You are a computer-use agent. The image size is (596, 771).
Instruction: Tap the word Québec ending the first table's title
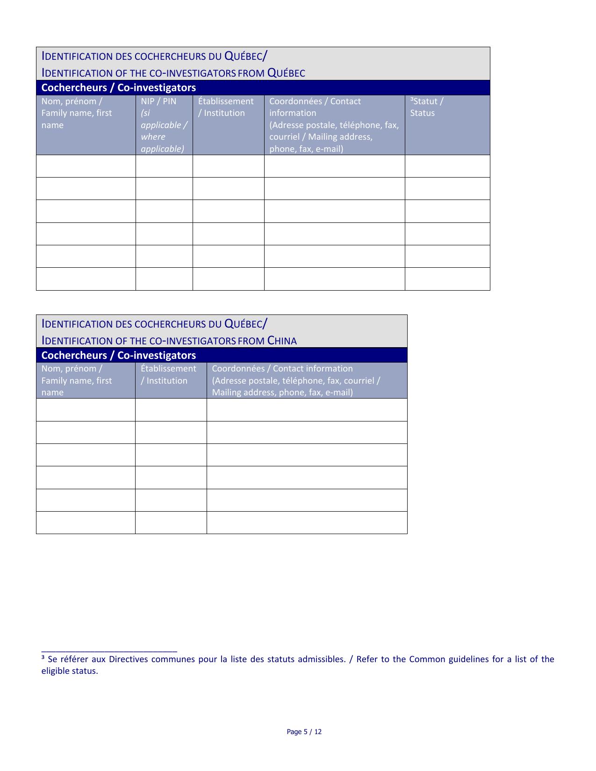click(x=286, y=73)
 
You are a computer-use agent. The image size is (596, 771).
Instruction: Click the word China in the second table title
click(x=282, y=341)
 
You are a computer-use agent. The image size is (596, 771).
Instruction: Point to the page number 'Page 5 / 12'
click(x=304, y=732)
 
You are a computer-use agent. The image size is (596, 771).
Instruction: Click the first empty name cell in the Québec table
click(x=86, y=166)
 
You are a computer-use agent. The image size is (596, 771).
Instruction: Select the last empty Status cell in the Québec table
click(x=447, y=279)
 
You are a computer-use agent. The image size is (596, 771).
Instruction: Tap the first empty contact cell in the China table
click(x=307, y=410)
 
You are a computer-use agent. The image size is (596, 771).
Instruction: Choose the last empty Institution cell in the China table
click(x=171, y=522)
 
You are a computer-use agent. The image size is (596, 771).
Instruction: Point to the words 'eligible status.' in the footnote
click(x=70, y=671)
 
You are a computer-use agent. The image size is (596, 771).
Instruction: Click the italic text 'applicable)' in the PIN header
click(x=162, y=149)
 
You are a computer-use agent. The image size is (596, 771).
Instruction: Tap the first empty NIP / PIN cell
click(x=164, y=166)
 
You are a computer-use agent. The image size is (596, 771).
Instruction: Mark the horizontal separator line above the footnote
click(x=109, y=651)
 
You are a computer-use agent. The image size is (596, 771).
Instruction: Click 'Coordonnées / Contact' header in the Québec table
click(x=315, y=101)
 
